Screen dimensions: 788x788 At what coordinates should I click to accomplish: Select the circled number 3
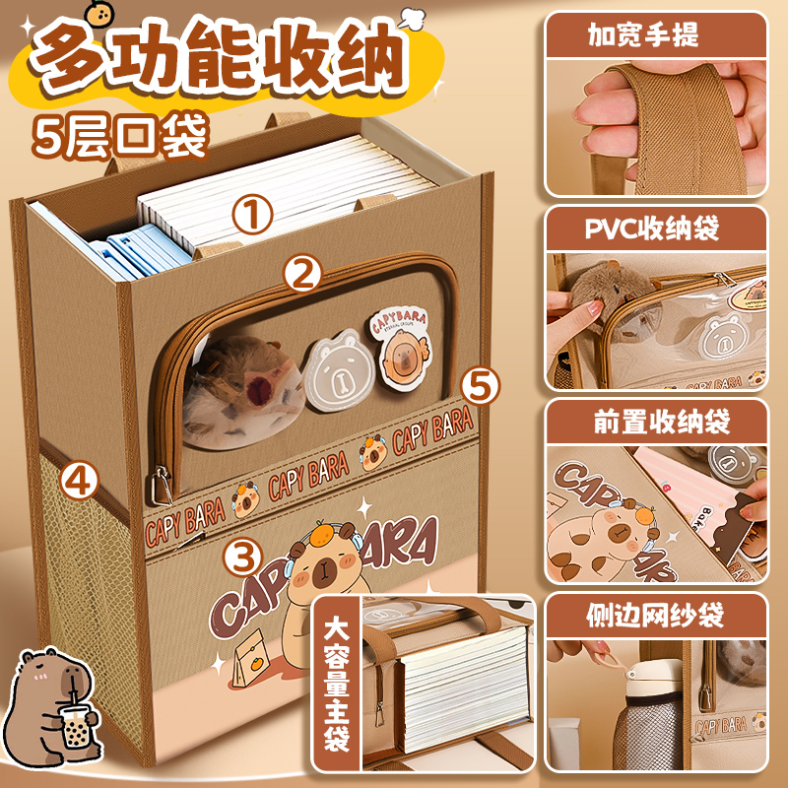(x=243, y=558)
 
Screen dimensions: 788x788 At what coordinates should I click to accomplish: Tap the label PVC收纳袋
(x=654, y=230)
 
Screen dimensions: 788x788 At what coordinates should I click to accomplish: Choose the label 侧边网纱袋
(x=656, y=617)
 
